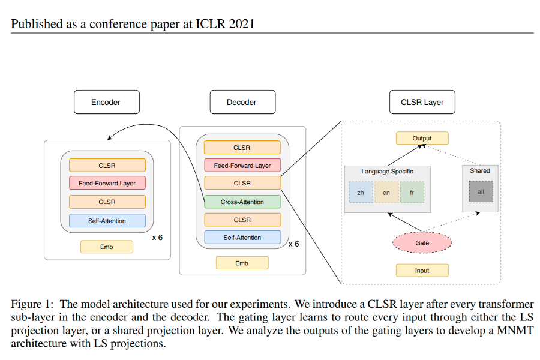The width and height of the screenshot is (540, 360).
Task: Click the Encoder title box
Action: (106, 102)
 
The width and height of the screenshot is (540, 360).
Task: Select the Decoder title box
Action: (242, 102)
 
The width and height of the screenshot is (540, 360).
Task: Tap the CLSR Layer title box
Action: (422, 102)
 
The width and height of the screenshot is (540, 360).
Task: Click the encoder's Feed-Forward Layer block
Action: (107, 184)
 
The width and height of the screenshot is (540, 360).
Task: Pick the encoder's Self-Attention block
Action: (107, 221)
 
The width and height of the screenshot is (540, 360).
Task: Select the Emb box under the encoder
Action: (106, 247)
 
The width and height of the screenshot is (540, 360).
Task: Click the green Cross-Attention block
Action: (242, 202)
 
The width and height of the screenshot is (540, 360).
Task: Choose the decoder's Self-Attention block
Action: (242, 238)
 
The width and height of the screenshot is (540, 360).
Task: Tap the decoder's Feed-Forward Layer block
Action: (242, 166)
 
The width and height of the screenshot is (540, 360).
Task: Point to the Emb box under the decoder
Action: (242, 263)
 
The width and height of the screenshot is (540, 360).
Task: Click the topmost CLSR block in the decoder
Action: (242, 148)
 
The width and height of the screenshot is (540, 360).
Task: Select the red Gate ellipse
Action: (422, 243)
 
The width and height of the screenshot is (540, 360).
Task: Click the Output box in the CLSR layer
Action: (422, 138)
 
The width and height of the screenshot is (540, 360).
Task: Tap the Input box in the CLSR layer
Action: (422, 271)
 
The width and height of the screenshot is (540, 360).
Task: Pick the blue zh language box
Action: (360, 193)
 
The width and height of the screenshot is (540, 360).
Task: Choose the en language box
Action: (386, 193)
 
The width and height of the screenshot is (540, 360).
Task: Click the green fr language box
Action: (412, 193)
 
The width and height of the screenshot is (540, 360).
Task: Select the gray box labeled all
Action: (481, 191)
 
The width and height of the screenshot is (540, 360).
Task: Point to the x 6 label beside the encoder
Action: (157, 238)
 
